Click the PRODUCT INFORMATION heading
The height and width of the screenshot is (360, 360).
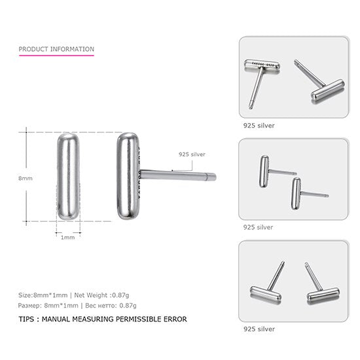coord(56,49)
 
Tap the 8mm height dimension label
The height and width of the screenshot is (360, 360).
coord(26,178)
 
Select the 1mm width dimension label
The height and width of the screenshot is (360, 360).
coord(67,237)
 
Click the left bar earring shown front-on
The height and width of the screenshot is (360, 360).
coord(67,176)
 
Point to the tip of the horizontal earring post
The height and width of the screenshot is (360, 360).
coord(214,177)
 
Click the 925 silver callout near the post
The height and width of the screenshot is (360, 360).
coord(192,154)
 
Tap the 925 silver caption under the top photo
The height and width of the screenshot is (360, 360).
coord(259,124)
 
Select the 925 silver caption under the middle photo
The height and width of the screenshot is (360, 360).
coord(259,227)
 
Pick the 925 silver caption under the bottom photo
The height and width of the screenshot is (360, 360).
coord(259,329)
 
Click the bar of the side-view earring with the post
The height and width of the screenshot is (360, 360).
coord(128,176)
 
